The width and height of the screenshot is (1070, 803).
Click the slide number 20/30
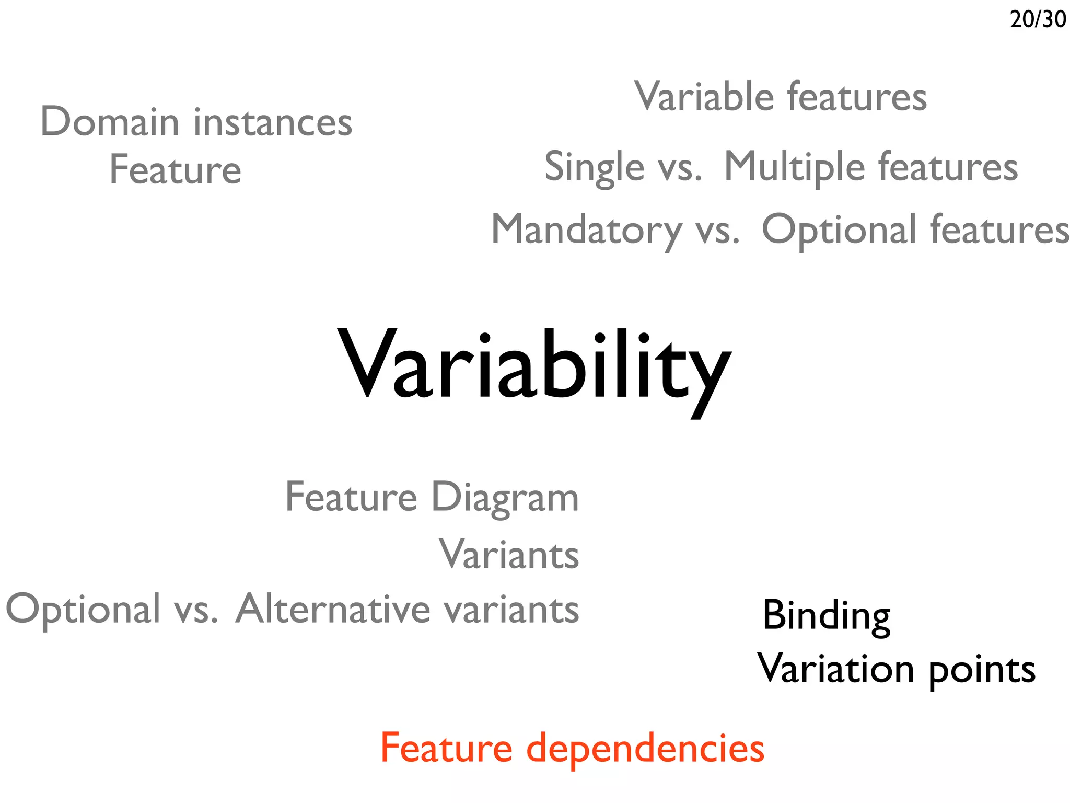pyautogui.click(x=1038, y=19)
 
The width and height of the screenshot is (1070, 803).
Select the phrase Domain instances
pyautogui.click(x=196, y=122)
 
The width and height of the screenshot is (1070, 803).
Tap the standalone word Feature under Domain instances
pyautogui.click(x=175, y=170)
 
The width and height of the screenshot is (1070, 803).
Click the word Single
pyautogui.click(x=595, y=167)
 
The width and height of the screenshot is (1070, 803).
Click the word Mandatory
pyautogui.click(x=587, y=230)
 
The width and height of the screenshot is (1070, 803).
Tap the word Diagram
pyautogui.click(x=505, y=497)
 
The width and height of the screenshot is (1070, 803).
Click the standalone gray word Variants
pyautogui.click(x=509, y=554)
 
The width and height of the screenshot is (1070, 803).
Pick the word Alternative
pyautogui.click(x=333, y=609)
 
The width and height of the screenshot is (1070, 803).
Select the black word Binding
pyautogui.click(x=826, y=616)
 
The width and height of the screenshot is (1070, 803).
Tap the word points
pyautogui.click(x=982, y=671)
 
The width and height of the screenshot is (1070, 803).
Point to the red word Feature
pyautogui.click(x=446, y=748)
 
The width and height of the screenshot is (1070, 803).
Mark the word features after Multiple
pyautogui.click(x=948, y=167)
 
